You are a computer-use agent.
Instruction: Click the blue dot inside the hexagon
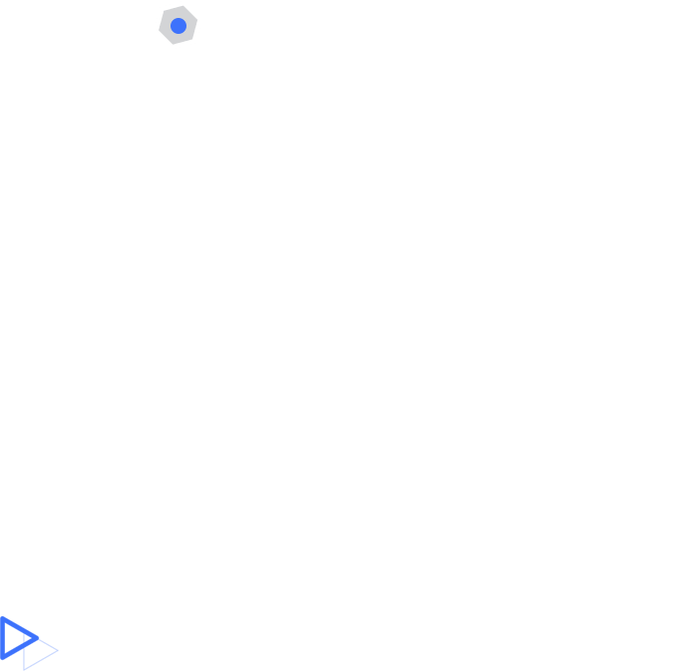(178, 26)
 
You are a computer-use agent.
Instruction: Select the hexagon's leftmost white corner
(154, 29)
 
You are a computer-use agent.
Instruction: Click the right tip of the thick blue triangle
(39, 637)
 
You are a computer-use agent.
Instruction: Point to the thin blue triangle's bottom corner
(24, 669)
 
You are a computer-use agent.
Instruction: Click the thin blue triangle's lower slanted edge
(42, 660)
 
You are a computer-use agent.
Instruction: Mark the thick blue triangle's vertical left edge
(3, 638)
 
